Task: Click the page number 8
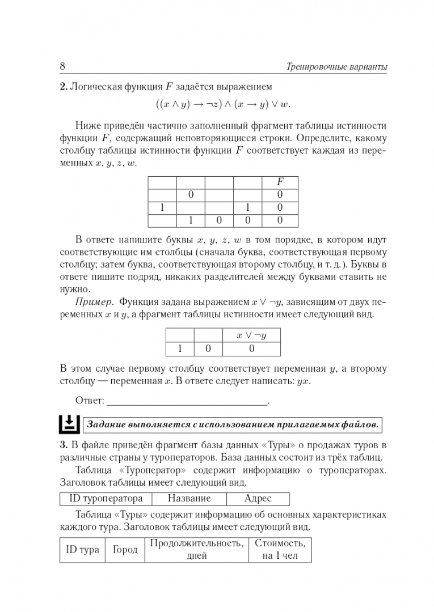click(x=62, y=67)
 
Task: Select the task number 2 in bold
click(x=64, y=87)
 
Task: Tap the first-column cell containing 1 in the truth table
click(x=162, y=207)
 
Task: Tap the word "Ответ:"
click(x=90, y=401)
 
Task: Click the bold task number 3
click(x=64, y=444)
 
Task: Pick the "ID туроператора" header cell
click(x=106, y=499)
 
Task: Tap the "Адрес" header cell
click(x=258, y=499)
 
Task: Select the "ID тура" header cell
click(x=83, y=550)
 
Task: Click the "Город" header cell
click(x=125, y=550)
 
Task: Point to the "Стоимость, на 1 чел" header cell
click(x=280, y=550)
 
